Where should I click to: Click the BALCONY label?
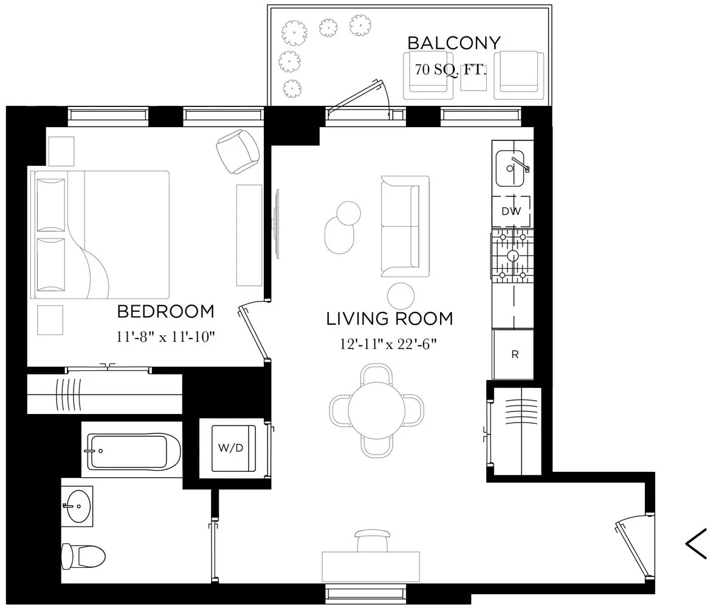click(x=453, y=43)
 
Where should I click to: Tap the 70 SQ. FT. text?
click(x=451, y=69)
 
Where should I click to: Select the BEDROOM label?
click(x=165, y=312)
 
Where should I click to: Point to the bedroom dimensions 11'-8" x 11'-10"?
click(x=165, y=337)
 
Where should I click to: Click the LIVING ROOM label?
click(x=389, y=319)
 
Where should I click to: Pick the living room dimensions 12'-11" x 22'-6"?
click(x=389, y=344)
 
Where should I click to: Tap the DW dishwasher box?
click(x=511, y=212)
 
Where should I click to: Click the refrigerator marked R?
click(x=514, y=354)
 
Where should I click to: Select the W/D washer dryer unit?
click(x=231, y=448)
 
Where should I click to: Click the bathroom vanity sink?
click(x=79, y=505)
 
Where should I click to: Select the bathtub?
click(x=134, y=451)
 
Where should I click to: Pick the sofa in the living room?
click(x=404, y=226)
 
